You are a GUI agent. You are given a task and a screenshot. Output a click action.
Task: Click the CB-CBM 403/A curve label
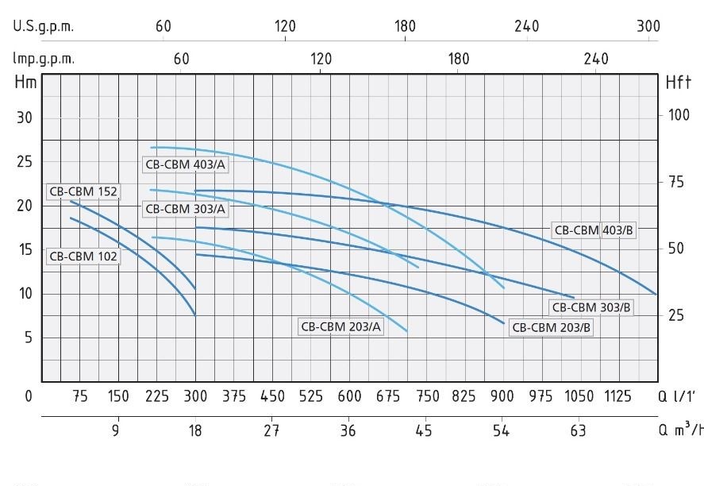(185, 164)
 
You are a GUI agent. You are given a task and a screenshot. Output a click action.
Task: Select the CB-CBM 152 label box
(83, 191)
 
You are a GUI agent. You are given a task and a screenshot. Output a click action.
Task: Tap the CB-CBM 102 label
(83, 256)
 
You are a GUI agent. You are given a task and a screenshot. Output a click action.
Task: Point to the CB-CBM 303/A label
(185, 209)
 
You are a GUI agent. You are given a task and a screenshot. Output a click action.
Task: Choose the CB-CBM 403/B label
(594, 230)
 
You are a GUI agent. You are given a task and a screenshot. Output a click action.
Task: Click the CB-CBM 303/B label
(591, 307)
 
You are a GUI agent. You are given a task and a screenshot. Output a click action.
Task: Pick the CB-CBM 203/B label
(552, 327)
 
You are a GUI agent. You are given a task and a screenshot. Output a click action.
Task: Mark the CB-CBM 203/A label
(340, 326)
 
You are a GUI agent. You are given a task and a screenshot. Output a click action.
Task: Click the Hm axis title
(25, 83)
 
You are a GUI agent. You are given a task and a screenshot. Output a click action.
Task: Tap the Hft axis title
(678, 83)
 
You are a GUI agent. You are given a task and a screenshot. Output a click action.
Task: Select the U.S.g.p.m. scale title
(43, 26)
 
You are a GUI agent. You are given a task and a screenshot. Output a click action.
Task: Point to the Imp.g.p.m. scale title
(44, 59)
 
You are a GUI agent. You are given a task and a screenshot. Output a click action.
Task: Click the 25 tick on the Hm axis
(25, 162)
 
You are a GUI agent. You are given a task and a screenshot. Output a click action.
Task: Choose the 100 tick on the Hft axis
(679, 115)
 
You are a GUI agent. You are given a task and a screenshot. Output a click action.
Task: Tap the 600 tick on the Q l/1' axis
(349, 396)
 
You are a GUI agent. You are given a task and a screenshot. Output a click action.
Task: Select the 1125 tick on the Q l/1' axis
(617, 396)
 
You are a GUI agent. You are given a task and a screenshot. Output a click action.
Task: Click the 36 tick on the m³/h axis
(348, 430)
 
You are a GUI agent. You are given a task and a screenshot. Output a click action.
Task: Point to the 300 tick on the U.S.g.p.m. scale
(648, 26)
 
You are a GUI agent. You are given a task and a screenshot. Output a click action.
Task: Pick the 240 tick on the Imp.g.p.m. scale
(596, 59)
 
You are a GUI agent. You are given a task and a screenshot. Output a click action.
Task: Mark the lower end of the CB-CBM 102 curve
(195, 316)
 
